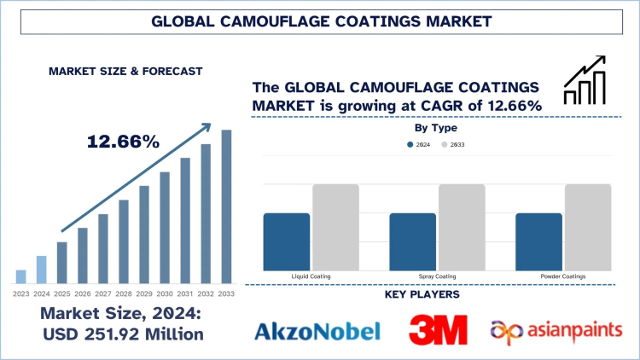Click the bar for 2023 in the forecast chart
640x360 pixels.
(x=20, y=276)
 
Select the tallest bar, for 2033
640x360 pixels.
(x=226, y=206)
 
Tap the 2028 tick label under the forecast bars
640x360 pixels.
(x=124, y=293)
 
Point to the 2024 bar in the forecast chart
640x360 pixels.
(x=41, y=269)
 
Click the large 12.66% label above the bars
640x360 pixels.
(x=124, y=142)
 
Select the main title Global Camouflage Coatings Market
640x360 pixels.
(x=320, y=19)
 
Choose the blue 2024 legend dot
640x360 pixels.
(x=411, y=145)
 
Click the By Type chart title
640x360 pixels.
(x=435, y=128)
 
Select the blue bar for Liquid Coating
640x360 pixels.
(x=287, y=241)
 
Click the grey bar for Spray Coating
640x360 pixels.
(x=462, y=227)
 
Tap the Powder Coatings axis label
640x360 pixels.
(x=563, y=276)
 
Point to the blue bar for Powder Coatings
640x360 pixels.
(x=539, y=241)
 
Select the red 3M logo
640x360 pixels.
(x=438, y=330)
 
